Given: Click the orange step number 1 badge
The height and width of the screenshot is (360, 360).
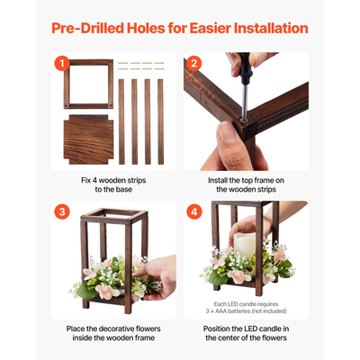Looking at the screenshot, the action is [62, 64].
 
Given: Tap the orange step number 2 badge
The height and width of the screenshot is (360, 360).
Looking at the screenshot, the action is [194, 64].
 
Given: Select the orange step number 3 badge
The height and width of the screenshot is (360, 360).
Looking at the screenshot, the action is [62, 211].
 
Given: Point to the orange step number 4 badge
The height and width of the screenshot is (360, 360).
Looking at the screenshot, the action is [194, 211].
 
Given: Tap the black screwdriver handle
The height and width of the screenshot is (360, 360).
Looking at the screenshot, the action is [245, 68].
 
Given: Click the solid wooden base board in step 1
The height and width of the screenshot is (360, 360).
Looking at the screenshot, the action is [88, 139].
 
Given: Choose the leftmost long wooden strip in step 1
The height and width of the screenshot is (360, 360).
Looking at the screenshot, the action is [121, 121].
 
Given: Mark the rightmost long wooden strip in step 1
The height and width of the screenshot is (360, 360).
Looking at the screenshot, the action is [160, 121].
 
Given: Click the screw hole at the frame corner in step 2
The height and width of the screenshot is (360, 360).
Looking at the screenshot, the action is [244, 120].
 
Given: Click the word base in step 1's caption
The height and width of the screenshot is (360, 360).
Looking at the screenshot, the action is [124, 190].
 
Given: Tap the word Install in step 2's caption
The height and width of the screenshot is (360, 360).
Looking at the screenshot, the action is [218, 180].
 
